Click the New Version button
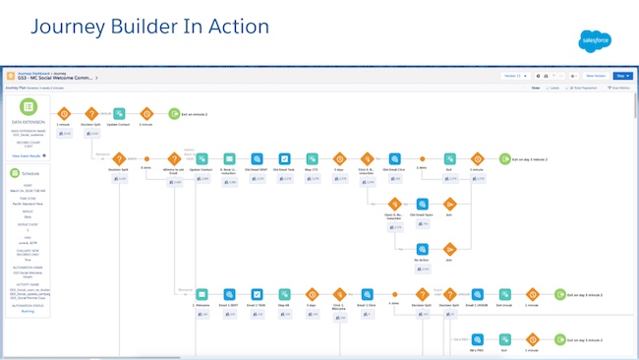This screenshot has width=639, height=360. (x=596, y=75)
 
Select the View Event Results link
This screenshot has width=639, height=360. (x=29, y=155)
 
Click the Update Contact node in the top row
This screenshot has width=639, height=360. (x=119, y=114)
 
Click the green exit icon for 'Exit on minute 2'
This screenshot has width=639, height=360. (x=173, y=114)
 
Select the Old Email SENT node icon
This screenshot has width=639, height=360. (x=256, y=158)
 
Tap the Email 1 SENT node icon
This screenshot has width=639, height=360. (x=229, y=293)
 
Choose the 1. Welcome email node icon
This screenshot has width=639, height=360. (x=202, y=293)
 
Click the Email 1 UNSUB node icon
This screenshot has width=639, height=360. (x=477, y=293)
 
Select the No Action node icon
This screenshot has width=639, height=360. (x=422, y=250)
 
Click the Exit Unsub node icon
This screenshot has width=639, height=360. (x=503, y=293)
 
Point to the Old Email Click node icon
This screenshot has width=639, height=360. (x=393, y=158)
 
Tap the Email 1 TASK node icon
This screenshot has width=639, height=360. (x=257, y=293)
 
